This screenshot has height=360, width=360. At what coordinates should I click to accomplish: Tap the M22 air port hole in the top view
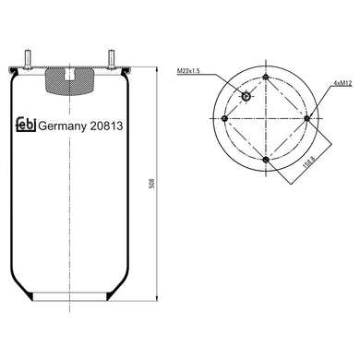246,97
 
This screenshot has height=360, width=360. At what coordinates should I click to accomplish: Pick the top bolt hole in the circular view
266,78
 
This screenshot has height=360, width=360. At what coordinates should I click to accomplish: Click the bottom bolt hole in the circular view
266,159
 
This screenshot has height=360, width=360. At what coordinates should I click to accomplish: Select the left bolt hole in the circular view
225,118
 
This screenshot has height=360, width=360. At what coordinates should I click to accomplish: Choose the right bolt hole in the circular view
306,118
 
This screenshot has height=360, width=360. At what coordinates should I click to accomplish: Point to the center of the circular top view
266,118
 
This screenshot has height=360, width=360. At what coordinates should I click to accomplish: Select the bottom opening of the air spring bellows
71,301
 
